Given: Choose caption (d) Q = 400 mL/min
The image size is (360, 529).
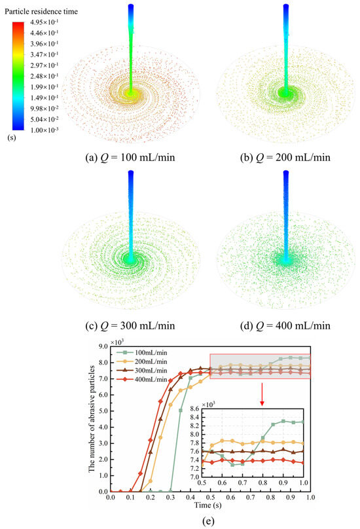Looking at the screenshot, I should tap(285, 325).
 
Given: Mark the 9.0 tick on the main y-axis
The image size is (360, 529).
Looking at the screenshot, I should tap(101, 347).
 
